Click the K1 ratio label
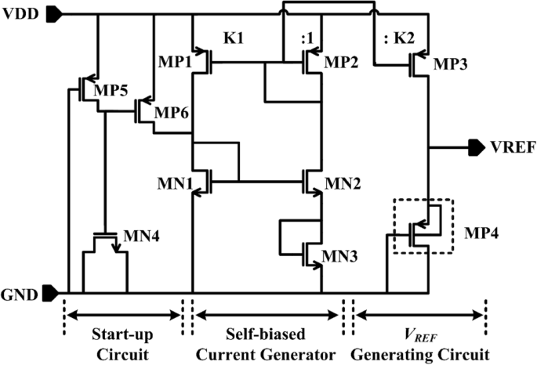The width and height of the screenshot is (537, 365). click(x=233, y=38)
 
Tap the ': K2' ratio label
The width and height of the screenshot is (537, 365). click(x=392, y=38)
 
